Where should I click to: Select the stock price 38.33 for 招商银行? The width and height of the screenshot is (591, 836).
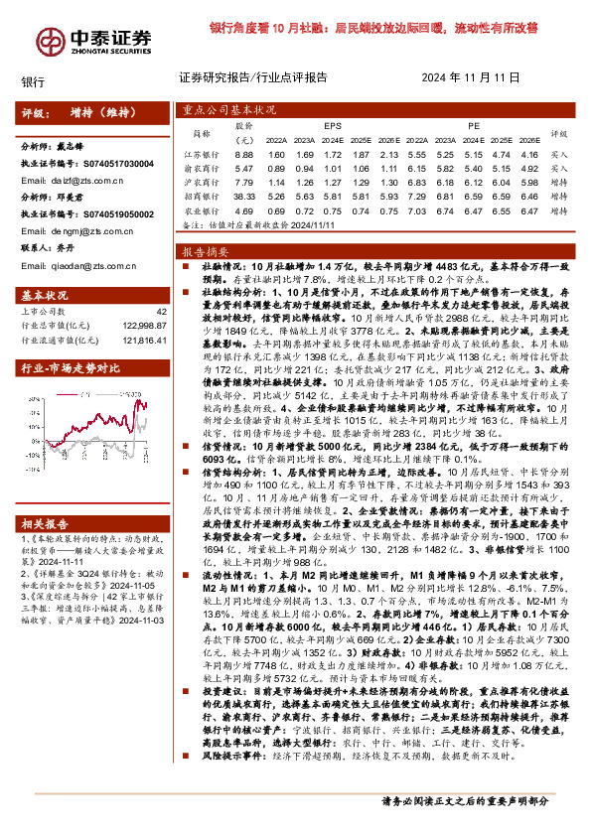click(244, 198)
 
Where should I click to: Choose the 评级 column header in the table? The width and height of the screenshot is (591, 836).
click(558, 134)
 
